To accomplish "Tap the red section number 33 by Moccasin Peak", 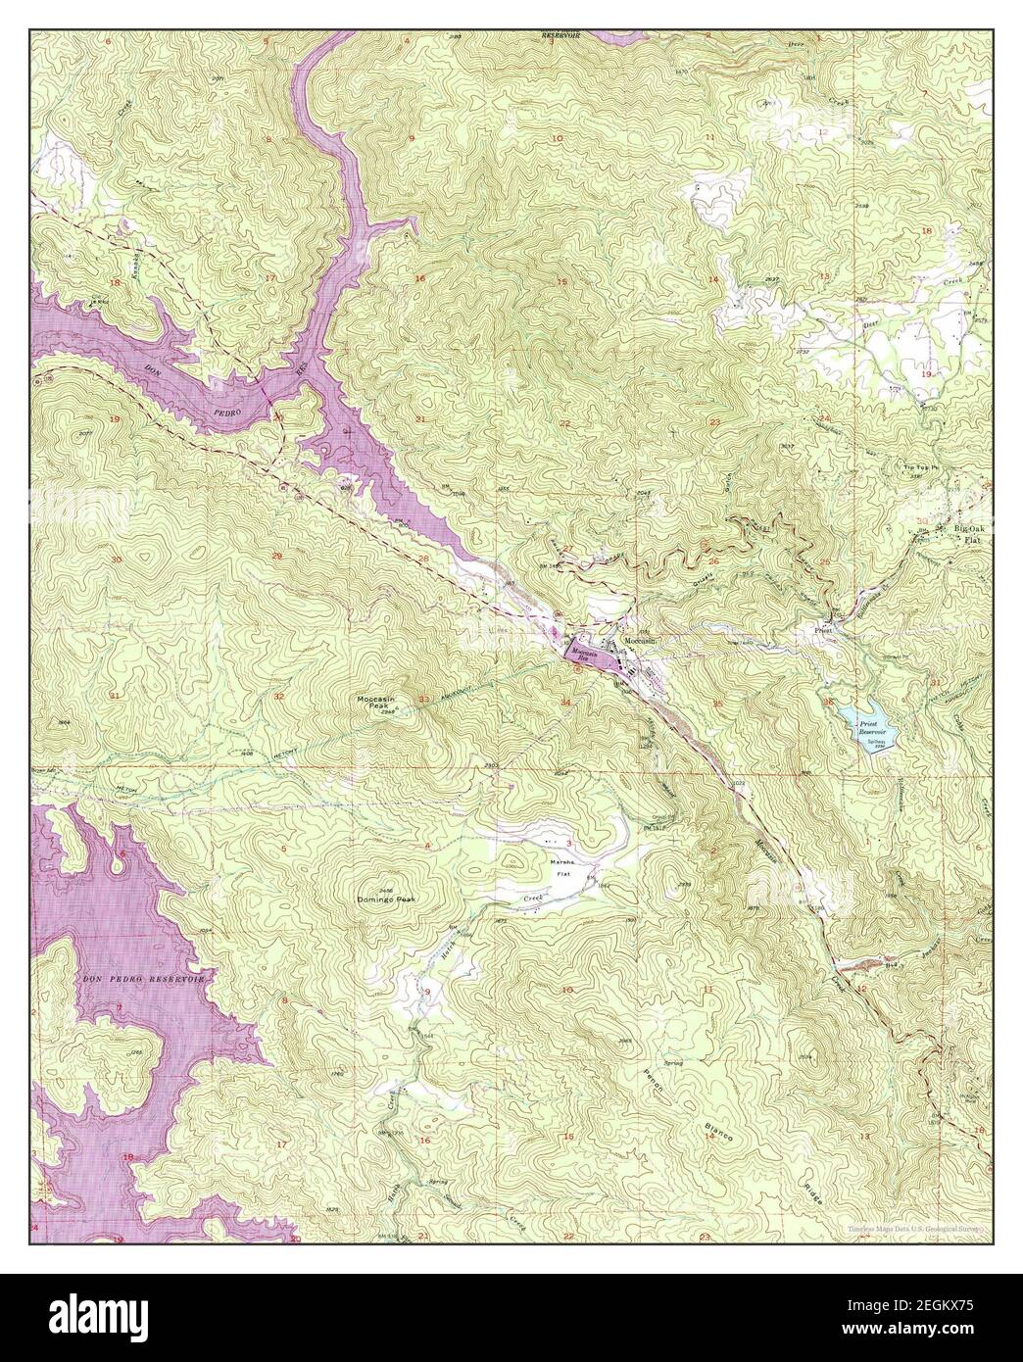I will (423, 699).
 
